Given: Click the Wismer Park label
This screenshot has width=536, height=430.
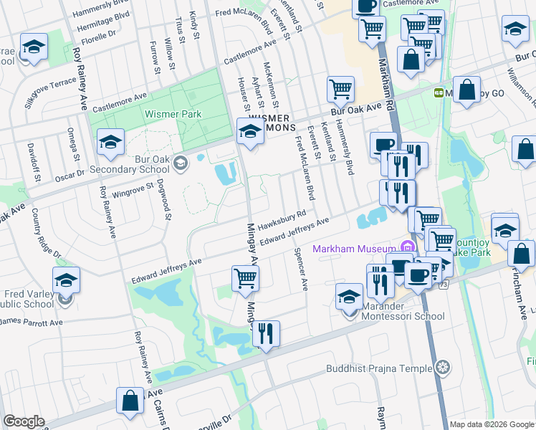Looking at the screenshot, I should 173,114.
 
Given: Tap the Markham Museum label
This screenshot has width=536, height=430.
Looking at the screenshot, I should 354,249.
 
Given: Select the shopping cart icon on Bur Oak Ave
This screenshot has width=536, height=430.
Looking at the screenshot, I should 340,90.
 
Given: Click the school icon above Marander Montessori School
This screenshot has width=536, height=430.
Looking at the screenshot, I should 349,296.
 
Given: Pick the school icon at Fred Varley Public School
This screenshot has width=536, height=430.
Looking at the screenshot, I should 66,280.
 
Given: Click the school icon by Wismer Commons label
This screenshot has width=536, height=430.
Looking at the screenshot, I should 250,131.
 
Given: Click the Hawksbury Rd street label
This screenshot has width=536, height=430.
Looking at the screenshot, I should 282,219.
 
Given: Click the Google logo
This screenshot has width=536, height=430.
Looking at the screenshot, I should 24,421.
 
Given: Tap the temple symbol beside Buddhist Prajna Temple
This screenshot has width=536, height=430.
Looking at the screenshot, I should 444,368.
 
